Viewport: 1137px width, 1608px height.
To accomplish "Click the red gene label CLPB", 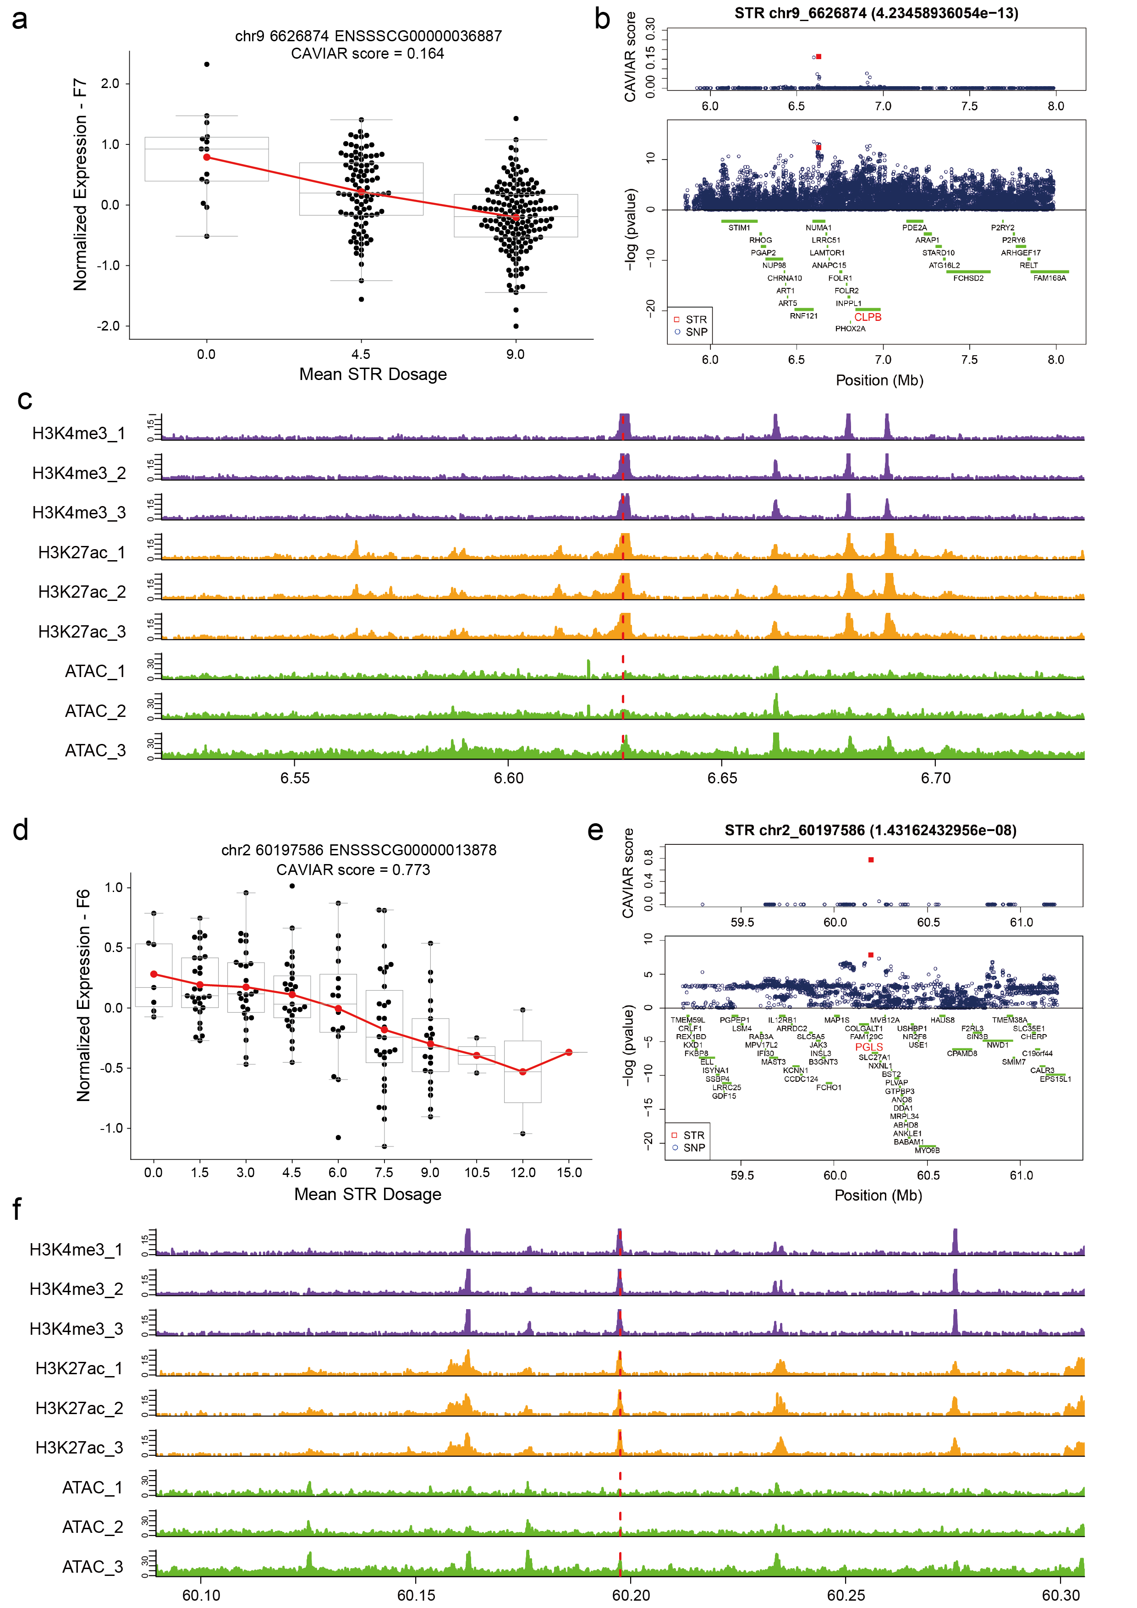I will [x=868, y=317].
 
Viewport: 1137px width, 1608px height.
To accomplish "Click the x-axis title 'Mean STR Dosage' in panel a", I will [x=373, y=374].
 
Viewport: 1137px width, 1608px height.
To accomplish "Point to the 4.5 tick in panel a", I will [x=361, y=354].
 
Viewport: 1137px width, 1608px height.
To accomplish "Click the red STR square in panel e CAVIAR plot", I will [x=870, y=859].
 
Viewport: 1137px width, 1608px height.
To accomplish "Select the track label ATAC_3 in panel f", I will [x=93, y=1567].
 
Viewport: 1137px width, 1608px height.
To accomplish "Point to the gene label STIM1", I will [x=739, y=228].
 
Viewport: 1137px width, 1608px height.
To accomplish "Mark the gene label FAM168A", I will [x=1049, y=278].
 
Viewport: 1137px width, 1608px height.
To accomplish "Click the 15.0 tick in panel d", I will [x=568, y=1173].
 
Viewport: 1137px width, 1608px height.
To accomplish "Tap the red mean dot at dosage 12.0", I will [x=522, y=1072].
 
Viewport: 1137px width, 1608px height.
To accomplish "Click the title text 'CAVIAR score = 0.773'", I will [x=353, y=870].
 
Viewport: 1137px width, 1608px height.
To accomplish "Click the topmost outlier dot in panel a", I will [x=207, y=65].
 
